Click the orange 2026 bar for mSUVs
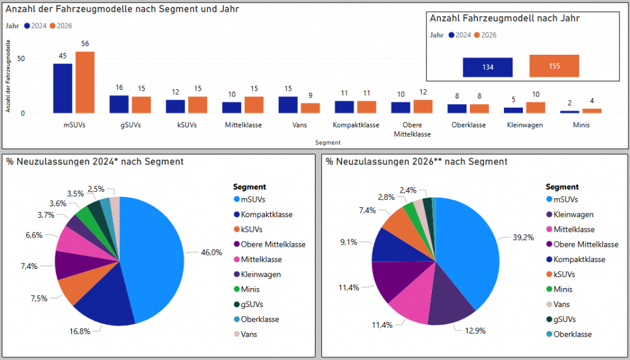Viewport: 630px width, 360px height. pos(85,82)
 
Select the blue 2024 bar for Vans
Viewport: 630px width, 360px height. pos(288,105)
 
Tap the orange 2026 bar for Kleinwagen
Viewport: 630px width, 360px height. pos(535,108)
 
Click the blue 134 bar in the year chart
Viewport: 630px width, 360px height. pos(488,67)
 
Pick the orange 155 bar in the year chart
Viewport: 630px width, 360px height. pos(554,66)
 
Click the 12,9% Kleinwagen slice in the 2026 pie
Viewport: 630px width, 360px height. pos(452,302)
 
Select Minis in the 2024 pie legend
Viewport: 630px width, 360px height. pos(251,289)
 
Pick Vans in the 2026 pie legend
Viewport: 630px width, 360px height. pos(562,304)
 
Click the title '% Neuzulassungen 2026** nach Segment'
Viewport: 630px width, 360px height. pos(417,162)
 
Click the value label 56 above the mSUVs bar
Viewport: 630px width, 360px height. pos(85,44)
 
